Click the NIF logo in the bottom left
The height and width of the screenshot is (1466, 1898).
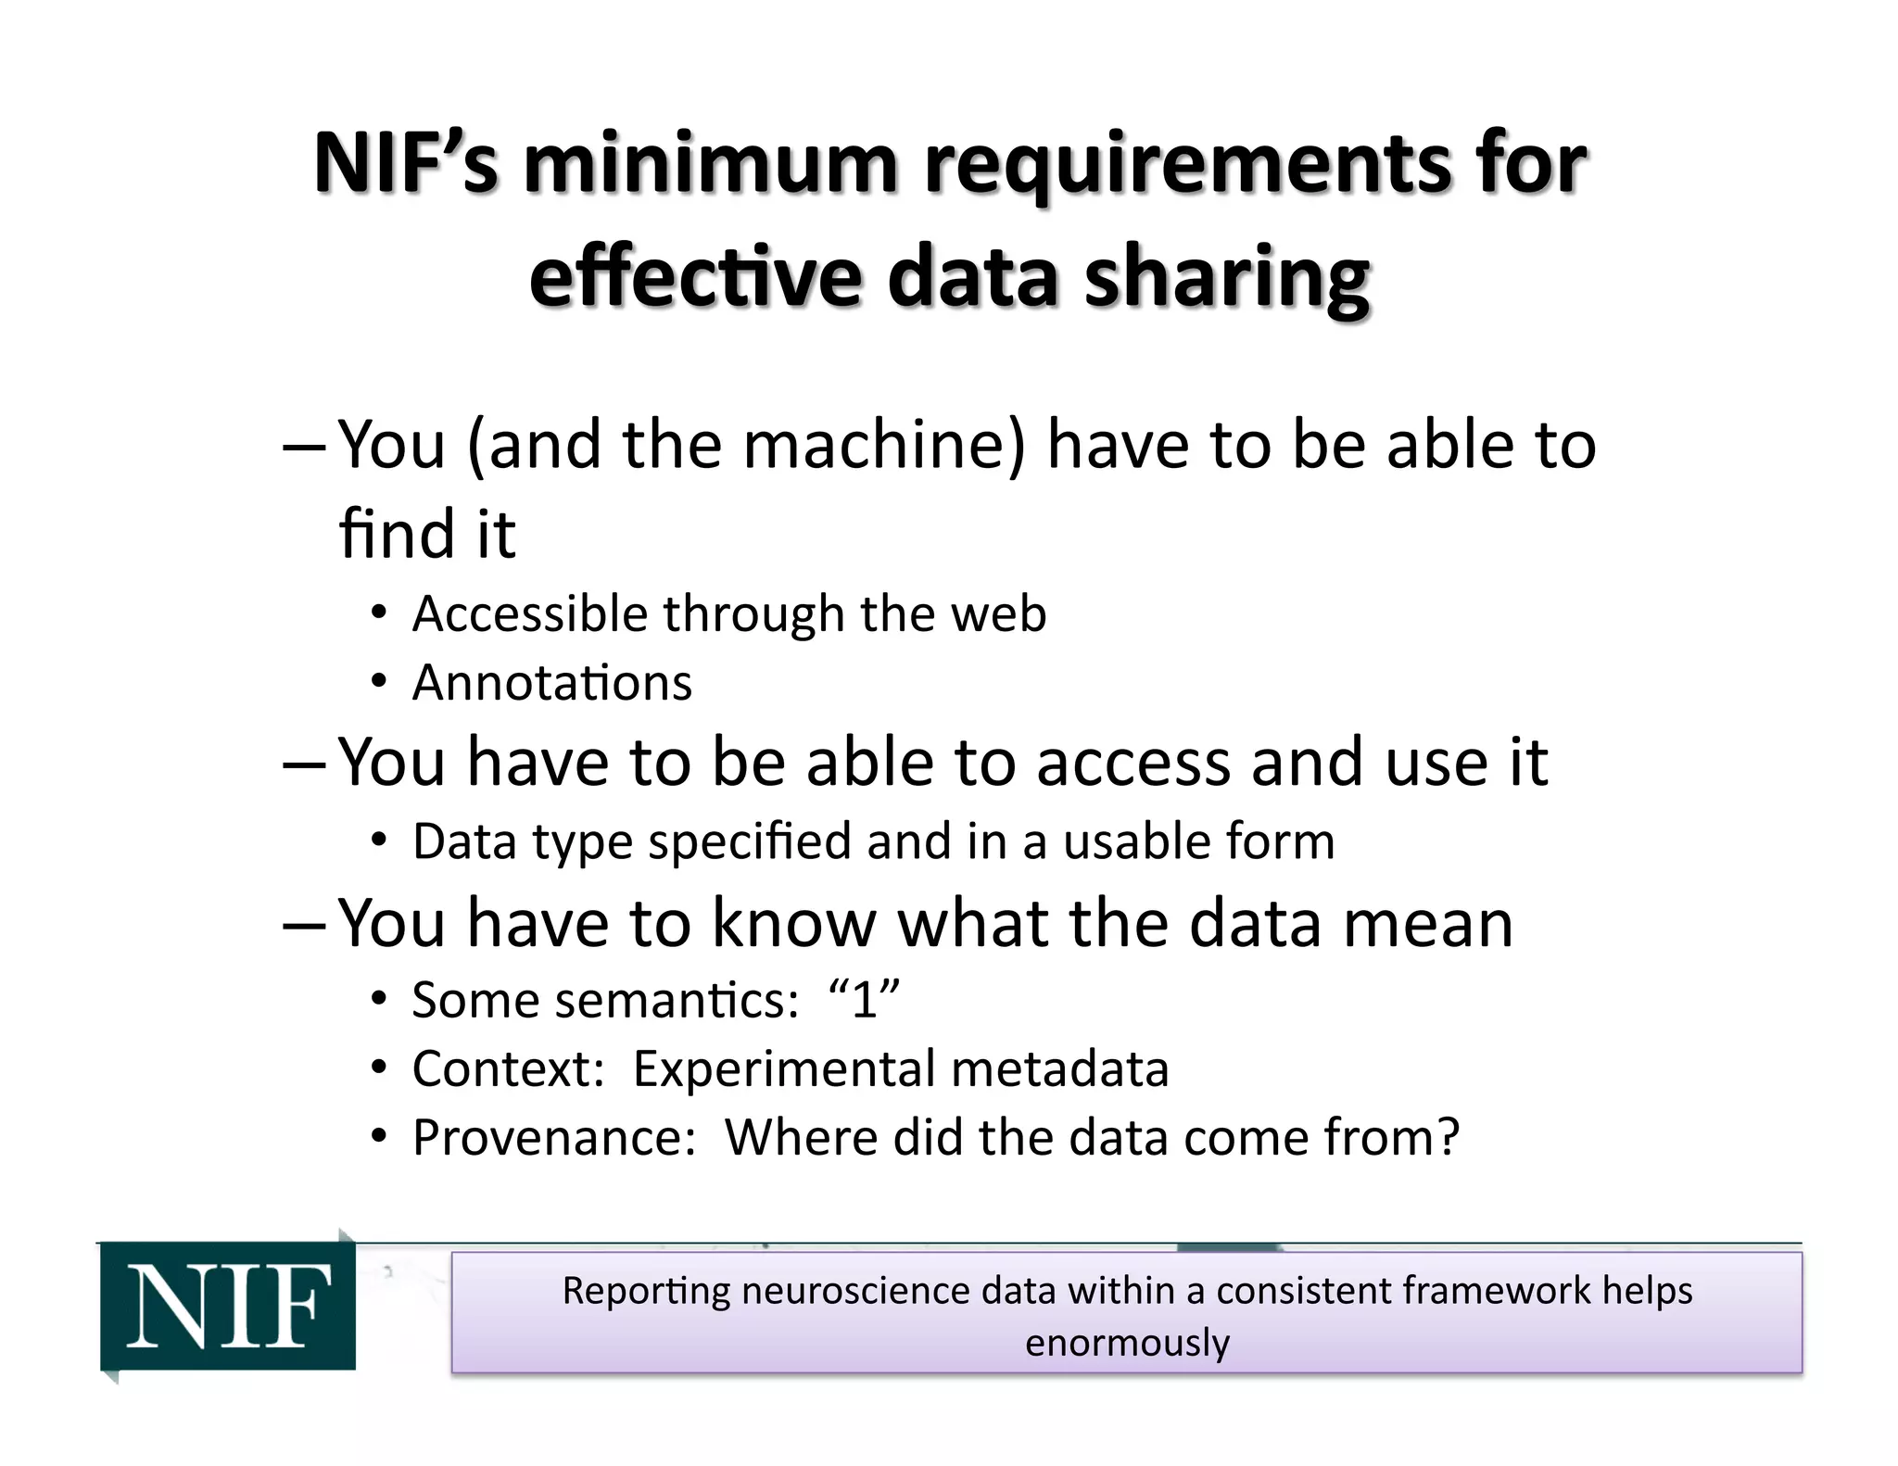click(x=228, y=1306)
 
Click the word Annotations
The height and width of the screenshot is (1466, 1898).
click(x=552, y=683)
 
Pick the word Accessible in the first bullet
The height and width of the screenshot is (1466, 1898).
click(x=529, y=613)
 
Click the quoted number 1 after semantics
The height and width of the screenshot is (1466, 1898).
click(x=864, y=1000)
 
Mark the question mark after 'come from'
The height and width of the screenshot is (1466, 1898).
click(x=1446, y=1137)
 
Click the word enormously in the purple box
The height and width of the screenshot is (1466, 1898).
click(x=1127, y=1342)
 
